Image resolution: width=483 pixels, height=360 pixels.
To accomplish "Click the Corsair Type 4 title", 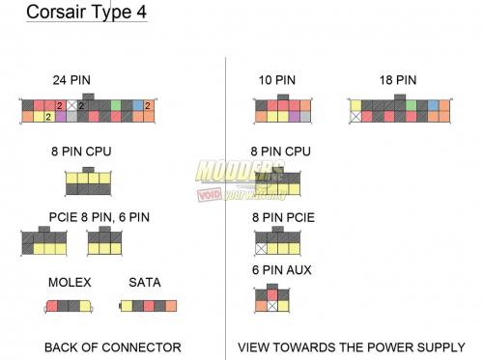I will pyautogui.click(x=84, y=14).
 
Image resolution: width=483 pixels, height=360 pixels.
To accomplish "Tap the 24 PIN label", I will pyautogui.click(x=71, y=79).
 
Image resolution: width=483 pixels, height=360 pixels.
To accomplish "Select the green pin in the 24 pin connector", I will pyautogui.click(x=116, y=104).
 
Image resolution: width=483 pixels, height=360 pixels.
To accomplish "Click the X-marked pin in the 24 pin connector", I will pyautogui.click(x=71, y=104).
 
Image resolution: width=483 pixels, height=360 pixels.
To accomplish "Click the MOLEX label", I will pyautogui.click(x=69, y=283).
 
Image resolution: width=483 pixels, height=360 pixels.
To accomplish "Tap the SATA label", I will pyautogui.click(x=144, y=283).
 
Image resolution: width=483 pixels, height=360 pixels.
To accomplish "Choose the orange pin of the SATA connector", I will pyautogui.click(x=171, y=306).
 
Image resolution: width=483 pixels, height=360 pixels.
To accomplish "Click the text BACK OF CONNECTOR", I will pyautogui.click(x=113, y=346).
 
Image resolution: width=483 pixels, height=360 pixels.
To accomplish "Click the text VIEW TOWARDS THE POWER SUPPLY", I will pyautogui.click(x=351, y=346).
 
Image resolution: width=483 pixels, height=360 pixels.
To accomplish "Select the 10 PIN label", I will pyautogui.click(x=277, y=79).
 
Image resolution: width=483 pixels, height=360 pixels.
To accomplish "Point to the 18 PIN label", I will pyautogui.click(x=397, y=79).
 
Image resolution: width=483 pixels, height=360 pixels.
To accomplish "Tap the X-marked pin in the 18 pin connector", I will pyautogui.click(x=355, y=116).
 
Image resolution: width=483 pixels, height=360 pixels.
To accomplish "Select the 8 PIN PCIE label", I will pyautogui.click(x=282, y=217).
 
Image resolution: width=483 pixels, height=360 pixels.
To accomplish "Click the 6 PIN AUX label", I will pyautogui.click(x=282, y=270).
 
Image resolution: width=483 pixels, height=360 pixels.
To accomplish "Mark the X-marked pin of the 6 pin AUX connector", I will pyautogui.click(x=272, y=305).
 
